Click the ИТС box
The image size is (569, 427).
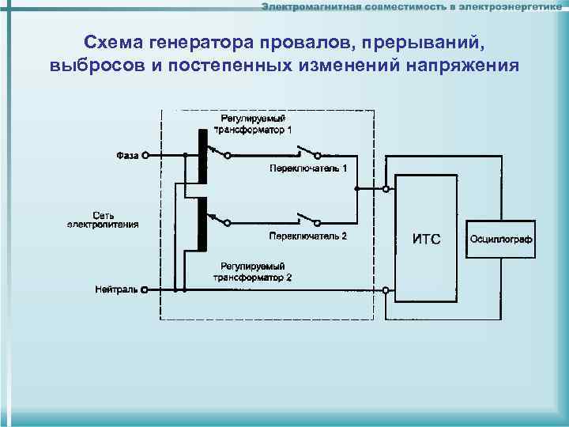point(427,239)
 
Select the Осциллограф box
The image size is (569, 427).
point(501,239)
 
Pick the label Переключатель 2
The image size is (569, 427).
point(307,236)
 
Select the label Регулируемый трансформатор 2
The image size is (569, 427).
point(253,273)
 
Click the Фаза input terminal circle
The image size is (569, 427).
point(145,156)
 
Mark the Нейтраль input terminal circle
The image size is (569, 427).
point(145,290)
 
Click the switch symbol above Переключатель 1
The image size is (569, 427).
point(310,152)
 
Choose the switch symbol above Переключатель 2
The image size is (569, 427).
point(310,218)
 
